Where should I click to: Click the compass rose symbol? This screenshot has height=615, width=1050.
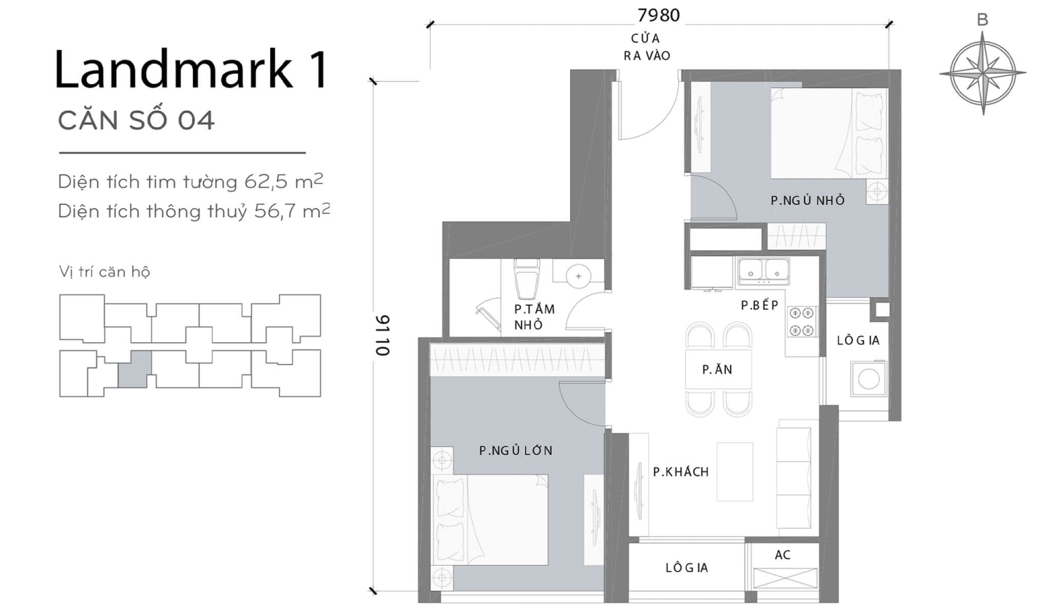[x=982, y=72]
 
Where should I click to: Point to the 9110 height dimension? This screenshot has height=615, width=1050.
[x=383, y=335]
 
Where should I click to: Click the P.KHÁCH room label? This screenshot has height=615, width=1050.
[x=680, y=471]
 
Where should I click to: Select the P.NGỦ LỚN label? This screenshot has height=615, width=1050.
[x=515, y=450]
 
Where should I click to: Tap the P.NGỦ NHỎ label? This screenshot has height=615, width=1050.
[x=807, y=200]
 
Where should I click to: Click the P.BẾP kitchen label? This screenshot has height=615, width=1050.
[x=759, y=305]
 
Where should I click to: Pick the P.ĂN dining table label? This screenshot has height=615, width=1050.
[x=717, y=370]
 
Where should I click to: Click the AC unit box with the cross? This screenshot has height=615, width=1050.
[x=785, y=578]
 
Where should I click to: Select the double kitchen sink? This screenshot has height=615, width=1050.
[x=764, y=271]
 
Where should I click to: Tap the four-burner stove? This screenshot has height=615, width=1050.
[x=802, y=322]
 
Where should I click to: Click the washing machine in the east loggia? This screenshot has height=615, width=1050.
[x=868, y=379]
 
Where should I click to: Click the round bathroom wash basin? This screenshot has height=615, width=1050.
[x=578, y=276]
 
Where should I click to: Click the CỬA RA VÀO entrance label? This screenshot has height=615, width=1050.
[x=646, y=46]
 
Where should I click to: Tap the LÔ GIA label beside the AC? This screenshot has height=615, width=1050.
[x=686, y=568]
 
